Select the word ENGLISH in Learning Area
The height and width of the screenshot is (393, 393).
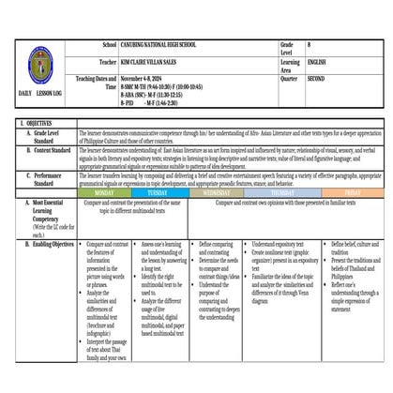[x=319, y=61]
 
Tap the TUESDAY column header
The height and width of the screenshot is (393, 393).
[x=159, y=192]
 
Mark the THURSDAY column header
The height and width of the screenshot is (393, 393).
[x=282, y=192]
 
